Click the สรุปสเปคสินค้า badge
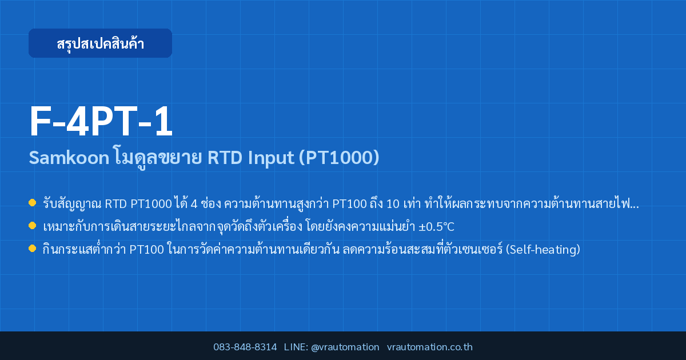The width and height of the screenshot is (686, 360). pyautogui.click(x=100, y=43)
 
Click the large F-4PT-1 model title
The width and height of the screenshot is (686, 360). pyautogui.click(x=101, y=121)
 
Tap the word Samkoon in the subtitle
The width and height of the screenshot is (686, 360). pyautogui.click(x=69, y=158)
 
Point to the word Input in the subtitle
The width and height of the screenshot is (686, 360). pyautogui.click(x=271, y=158)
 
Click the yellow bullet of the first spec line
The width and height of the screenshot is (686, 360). pyautogui.click(x=32, y=203)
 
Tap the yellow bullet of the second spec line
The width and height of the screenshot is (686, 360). pyautogui.click(x=32, y=226)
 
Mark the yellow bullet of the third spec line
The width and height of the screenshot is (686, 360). pyautogui.click(x=32, y=248)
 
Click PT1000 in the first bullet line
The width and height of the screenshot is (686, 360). pyautogui.click(x=151, y=204)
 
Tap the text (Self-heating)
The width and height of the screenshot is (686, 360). pyautogui.click(x=543, y=250)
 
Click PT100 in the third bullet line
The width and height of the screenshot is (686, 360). pyautogui.click(x=147, y=250)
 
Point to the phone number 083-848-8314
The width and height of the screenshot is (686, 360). pyautogui.click(x=245, y=347)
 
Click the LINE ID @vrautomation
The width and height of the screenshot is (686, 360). pyautogui.click(x=345, y=347)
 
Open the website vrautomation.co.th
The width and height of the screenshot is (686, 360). pyautogui.click(x=430, y=347)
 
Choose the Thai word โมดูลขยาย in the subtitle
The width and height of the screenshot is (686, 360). pyautogui.click(x=158, y=158)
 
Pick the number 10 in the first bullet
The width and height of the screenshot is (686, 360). pyautogui.click(x=393, y=204)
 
